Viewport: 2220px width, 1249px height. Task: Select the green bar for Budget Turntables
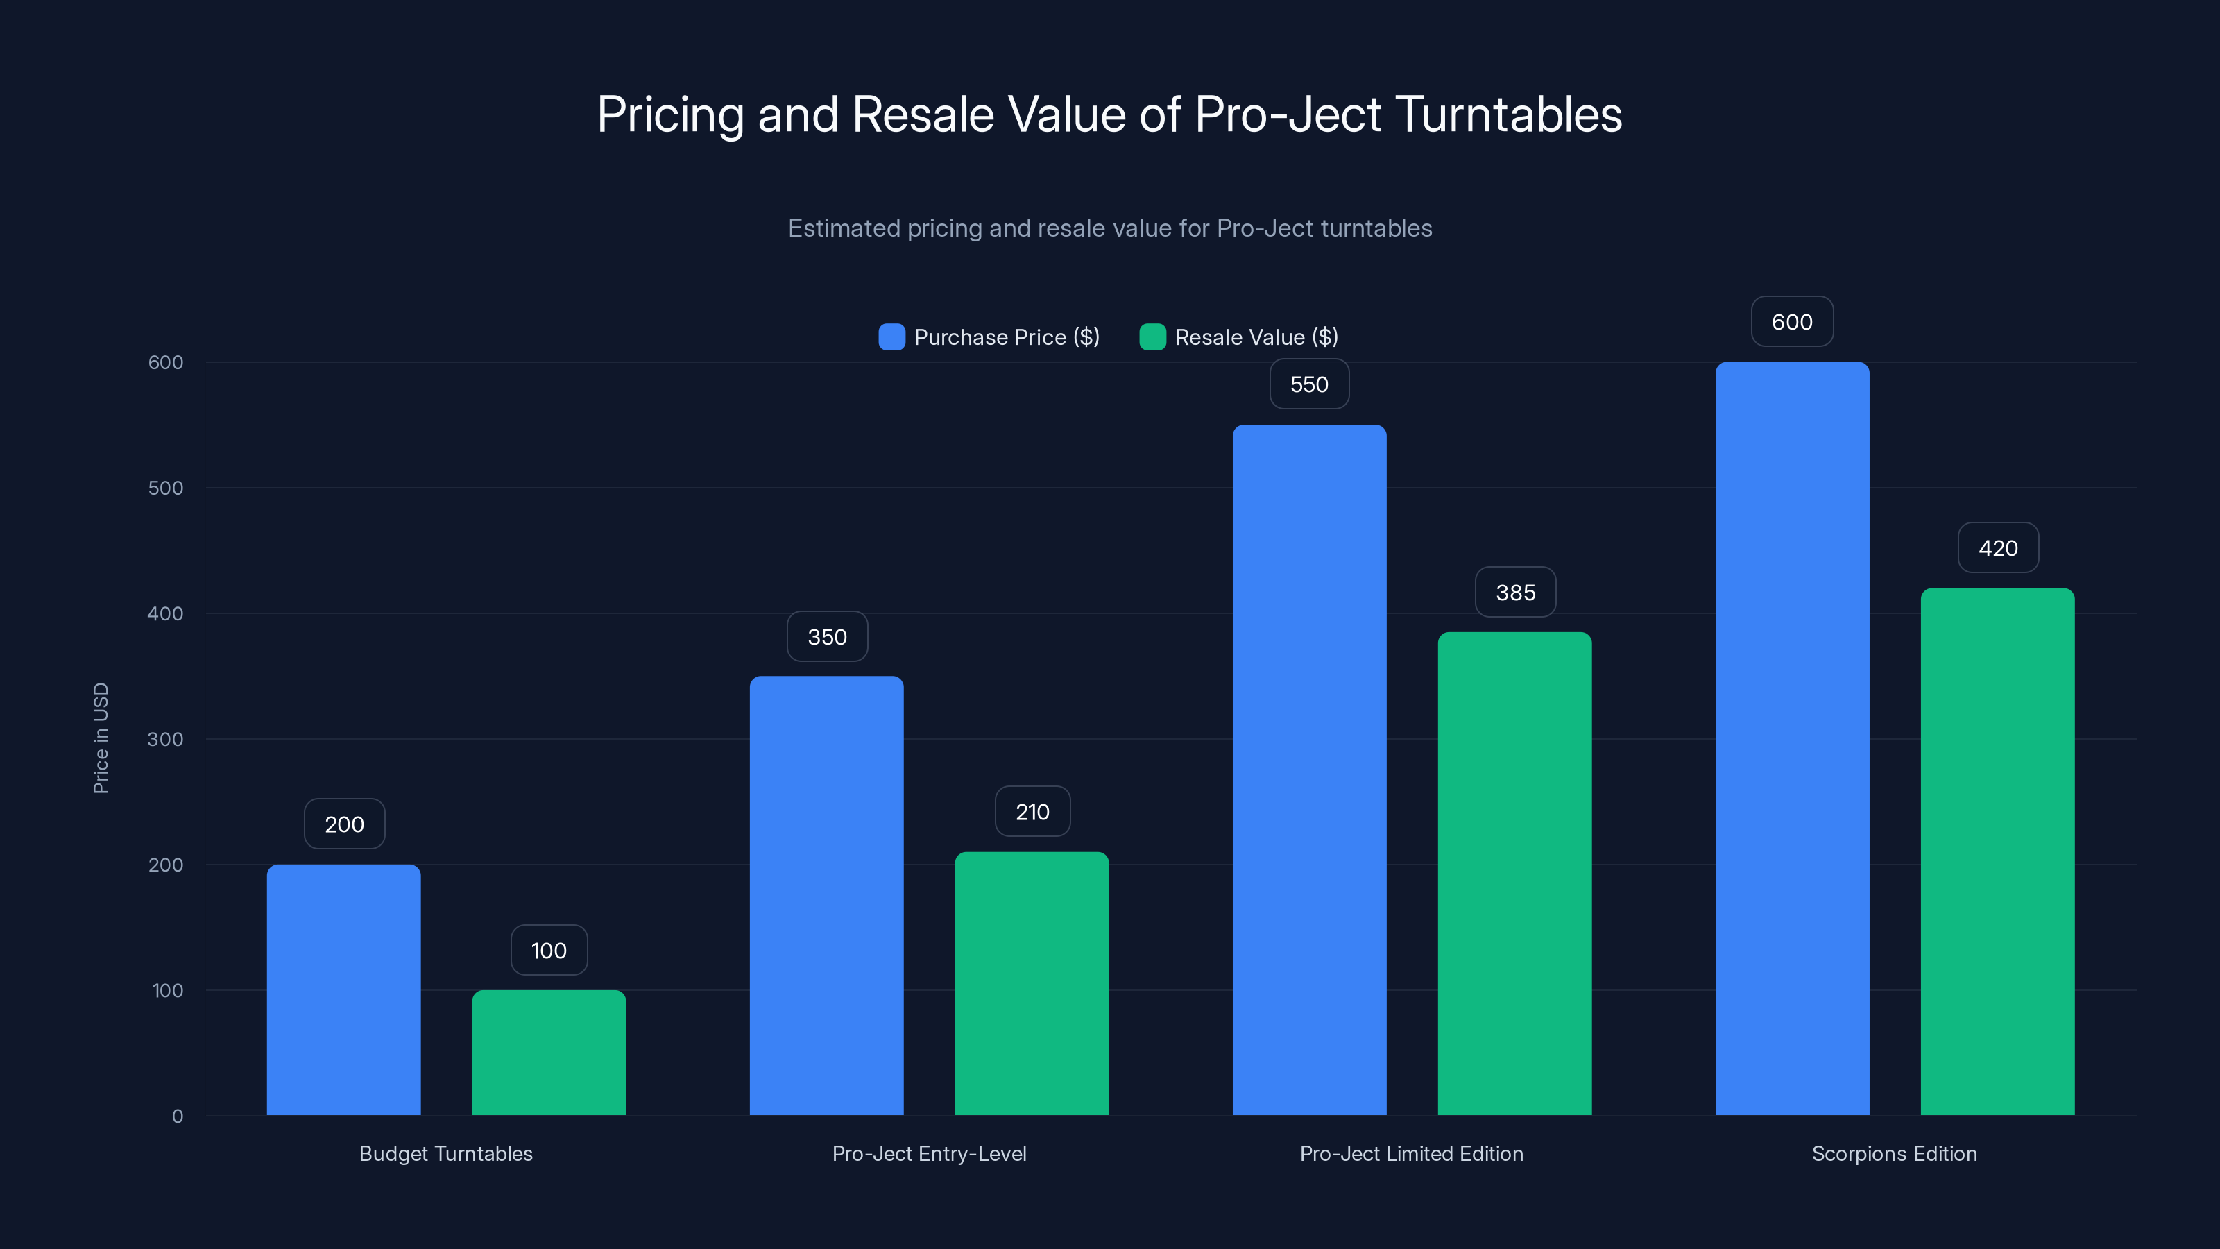pyautogui.click(x=549, y=1053)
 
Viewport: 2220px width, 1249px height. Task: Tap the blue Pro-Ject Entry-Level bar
pyautogui.click(x=826, y=896)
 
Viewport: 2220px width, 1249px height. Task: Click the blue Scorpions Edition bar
pyautogui.click(x=1792, y=739)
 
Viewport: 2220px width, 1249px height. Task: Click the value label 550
pyautogui.click(x=1309, y=384)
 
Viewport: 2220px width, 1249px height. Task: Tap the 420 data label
pyautogui.click(x=1998, y=547)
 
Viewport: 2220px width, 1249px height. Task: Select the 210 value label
pyautogui.click(x=1032, y=811)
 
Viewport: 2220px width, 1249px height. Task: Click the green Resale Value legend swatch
pyautogui.click(x=1152, y=337)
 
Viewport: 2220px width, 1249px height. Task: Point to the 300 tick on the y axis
pyautogui.click(x=166, y=739)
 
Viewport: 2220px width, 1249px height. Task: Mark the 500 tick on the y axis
pyautogui.click(x=166, y=488)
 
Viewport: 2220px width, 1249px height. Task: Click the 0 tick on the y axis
pyautogui.click(x=178, y=1116)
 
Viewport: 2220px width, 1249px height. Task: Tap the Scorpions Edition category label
pyautogui.click(x=1894, y=1153)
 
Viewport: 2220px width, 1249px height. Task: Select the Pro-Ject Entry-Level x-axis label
pyautogui.click(x=929, y=1153)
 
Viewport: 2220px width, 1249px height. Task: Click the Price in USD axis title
pyautogui.click(x=101, y=738)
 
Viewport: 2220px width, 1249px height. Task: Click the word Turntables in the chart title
pyautogui.click(x=1508, y=114)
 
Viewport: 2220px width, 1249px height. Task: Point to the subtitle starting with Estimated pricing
pyautogui.click(x=1110, y=228)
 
